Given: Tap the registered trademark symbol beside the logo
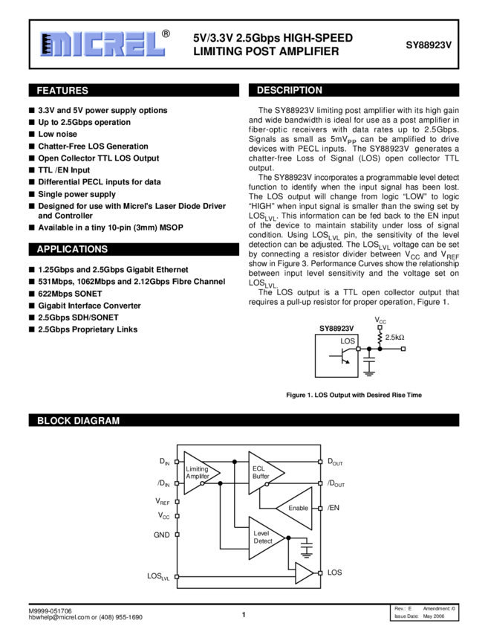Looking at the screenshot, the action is click(166, 33).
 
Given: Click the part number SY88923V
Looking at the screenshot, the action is click(428, 45).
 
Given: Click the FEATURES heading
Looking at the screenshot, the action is click(62, 91).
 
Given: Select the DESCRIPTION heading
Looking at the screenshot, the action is click(289, 91).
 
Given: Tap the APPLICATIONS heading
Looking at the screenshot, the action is click(72, 249).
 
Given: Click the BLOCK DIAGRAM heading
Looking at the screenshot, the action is click(78, 421).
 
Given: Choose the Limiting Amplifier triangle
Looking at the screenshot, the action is click(198, 473).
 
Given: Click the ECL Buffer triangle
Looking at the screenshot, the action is click(262, 473).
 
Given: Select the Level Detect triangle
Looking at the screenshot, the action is click(262, 538).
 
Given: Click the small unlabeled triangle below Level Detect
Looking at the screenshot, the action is click(302, 573).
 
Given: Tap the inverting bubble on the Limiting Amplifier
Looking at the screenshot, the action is click(202, 483).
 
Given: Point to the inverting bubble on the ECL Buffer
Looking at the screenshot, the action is click(267, 484).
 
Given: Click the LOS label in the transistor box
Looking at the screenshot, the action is click(348, 341).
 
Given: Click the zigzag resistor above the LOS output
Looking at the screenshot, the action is click(380, 337).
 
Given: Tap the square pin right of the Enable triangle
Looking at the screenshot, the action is click(320, 509).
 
